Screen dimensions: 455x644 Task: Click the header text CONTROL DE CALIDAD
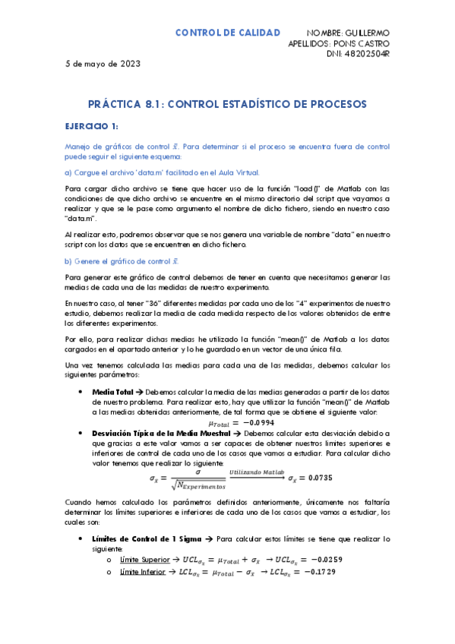click(x=228, y=33)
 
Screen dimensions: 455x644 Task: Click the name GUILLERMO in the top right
click(x=365, y=33)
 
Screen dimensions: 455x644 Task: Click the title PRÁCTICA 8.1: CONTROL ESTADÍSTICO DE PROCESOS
click(x=228, y=103)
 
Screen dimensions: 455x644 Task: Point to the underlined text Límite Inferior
click(x=141, y=571)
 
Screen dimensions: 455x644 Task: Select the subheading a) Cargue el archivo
click(x=162, y=172)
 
